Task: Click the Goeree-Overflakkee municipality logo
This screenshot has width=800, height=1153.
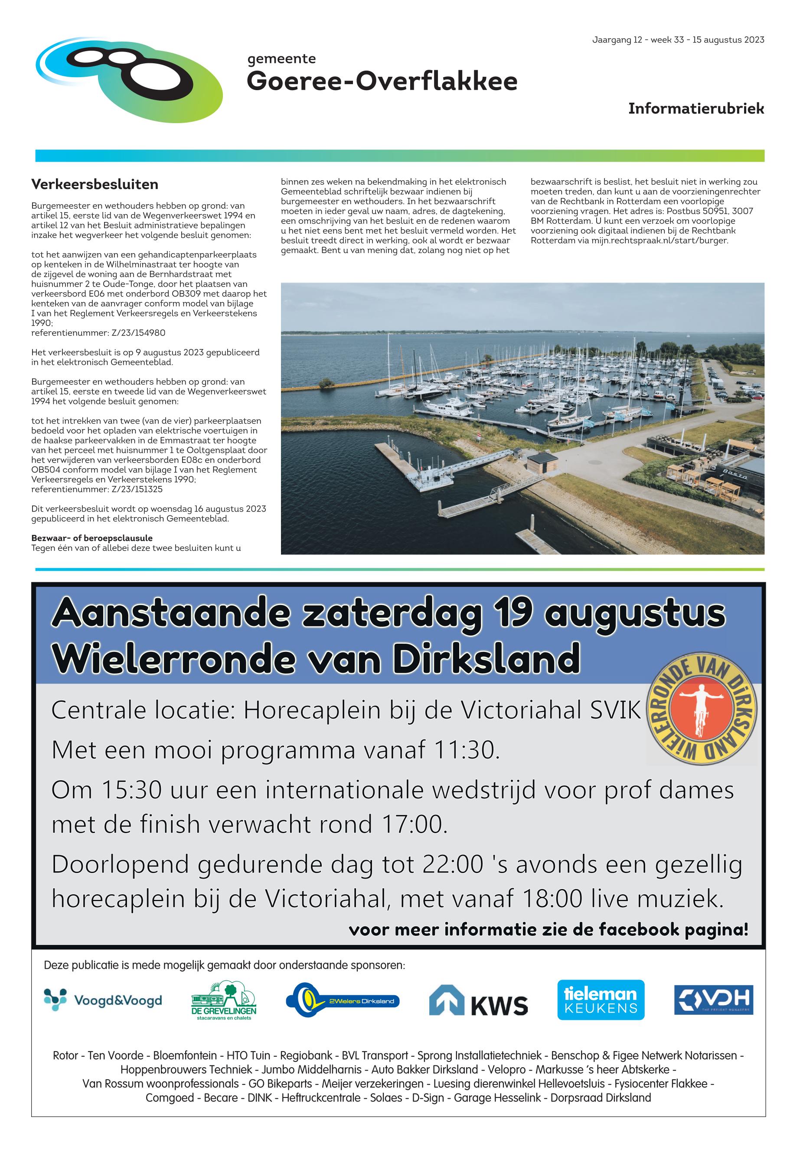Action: [x=129, y=80]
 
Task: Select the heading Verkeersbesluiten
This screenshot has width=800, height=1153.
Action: [x=95, y=184]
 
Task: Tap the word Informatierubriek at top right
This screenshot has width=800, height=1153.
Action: [x=696, y=109]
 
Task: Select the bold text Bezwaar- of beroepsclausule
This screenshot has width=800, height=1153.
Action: [x=92, y=538]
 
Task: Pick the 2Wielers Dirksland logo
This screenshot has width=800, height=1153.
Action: [x=343, y=1001]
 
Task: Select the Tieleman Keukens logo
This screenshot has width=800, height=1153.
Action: [x=601, y=1000]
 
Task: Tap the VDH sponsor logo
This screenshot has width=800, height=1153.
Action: [x=713, y=1000]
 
